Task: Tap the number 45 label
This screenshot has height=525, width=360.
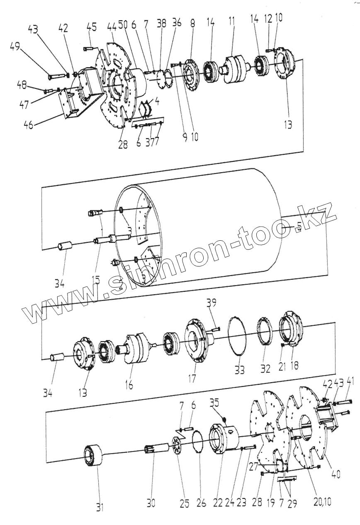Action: [92, 27]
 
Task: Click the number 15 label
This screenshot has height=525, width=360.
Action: [96, 281]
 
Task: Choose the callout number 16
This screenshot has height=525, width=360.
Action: [129, 385]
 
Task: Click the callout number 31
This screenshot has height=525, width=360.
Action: [100, 507]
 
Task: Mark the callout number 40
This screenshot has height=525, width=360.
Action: [336, 474]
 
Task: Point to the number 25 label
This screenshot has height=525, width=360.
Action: [185, 503]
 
